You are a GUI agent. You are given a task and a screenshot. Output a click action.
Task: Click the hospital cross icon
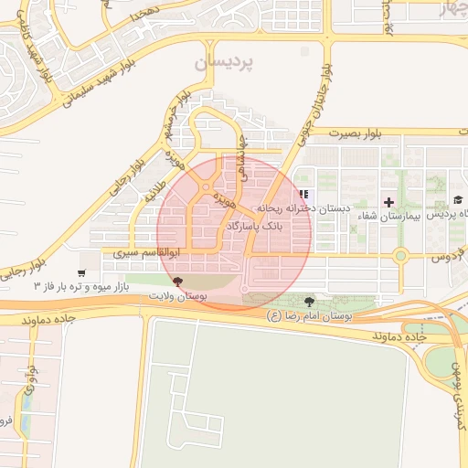click(x=389, y=201)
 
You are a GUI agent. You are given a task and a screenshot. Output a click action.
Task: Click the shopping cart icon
click(x=82, y=273)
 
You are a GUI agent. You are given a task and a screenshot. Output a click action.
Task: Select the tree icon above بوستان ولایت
click(x=176, y=282)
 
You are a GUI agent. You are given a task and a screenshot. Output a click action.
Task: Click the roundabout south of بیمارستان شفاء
click(x=399, y=257)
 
